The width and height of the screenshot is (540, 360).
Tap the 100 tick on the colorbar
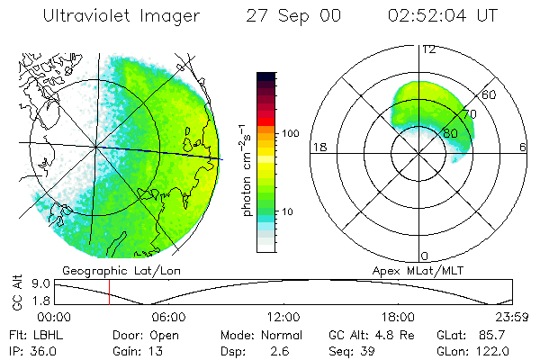(291, 133)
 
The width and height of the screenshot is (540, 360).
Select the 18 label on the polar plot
(319, 147)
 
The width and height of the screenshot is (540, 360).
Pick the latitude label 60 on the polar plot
(490, 94)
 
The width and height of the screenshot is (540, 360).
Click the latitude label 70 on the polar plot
(468, 114)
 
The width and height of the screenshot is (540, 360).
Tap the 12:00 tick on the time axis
(283, 317)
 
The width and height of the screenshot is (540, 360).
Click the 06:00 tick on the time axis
(168, 317)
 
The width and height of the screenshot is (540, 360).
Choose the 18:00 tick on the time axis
(398, 317)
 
